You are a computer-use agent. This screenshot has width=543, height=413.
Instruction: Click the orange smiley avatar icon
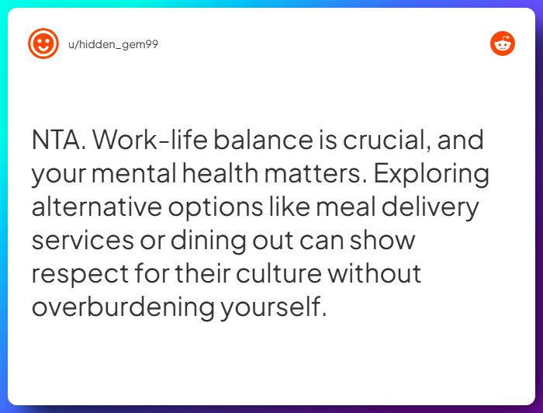click(x=43, y=43)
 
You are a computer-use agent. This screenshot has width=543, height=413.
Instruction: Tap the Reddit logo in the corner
click(x=503, y=43)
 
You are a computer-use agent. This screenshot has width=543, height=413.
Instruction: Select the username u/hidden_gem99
click(x=113, y=44)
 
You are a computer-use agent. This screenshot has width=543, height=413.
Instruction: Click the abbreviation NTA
click(x=60, y=141)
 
